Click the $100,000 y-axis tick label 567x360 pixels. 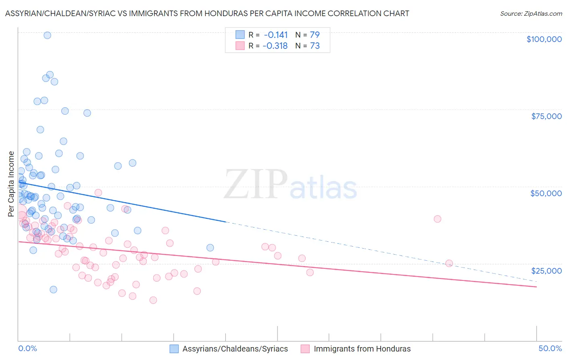pos(544,39)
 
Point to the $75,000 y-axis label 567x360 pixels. pos(546,116)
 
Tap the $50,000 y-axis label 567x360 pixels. pos(546,193)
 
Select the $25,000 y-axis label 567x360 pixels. pos(546,270)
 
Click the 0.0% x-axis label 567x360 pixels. pos(27,348)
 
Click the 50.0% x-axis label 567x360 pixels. pos(550,348)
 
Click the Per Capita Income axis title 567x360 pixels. pos(11,184)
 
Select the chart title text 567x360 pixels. pos(207,13)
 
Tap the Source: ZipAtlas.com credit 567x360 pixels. pos(531,13)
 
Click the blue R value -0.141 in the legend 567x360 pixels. pos(276,35)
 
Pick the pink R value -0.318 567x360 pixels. pos(275,46)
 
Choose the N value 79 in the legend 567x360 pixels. pos(315,35)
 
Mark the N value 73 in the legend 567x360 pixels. pos(315,46)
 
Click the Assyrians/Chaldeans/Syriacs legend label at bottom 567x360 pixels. pos(235,349)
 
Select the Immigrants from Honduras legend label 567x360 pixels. pos(362,349)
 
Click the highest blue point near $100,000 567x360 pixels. pos(47,35)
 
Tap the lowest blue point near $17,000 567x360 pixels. pos(53,289)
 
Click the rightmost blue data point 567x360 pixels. pos(210,248)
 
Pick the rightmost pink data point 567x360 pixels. pos(449,264)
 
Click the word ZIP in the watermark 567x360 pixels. pos(256,184)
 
